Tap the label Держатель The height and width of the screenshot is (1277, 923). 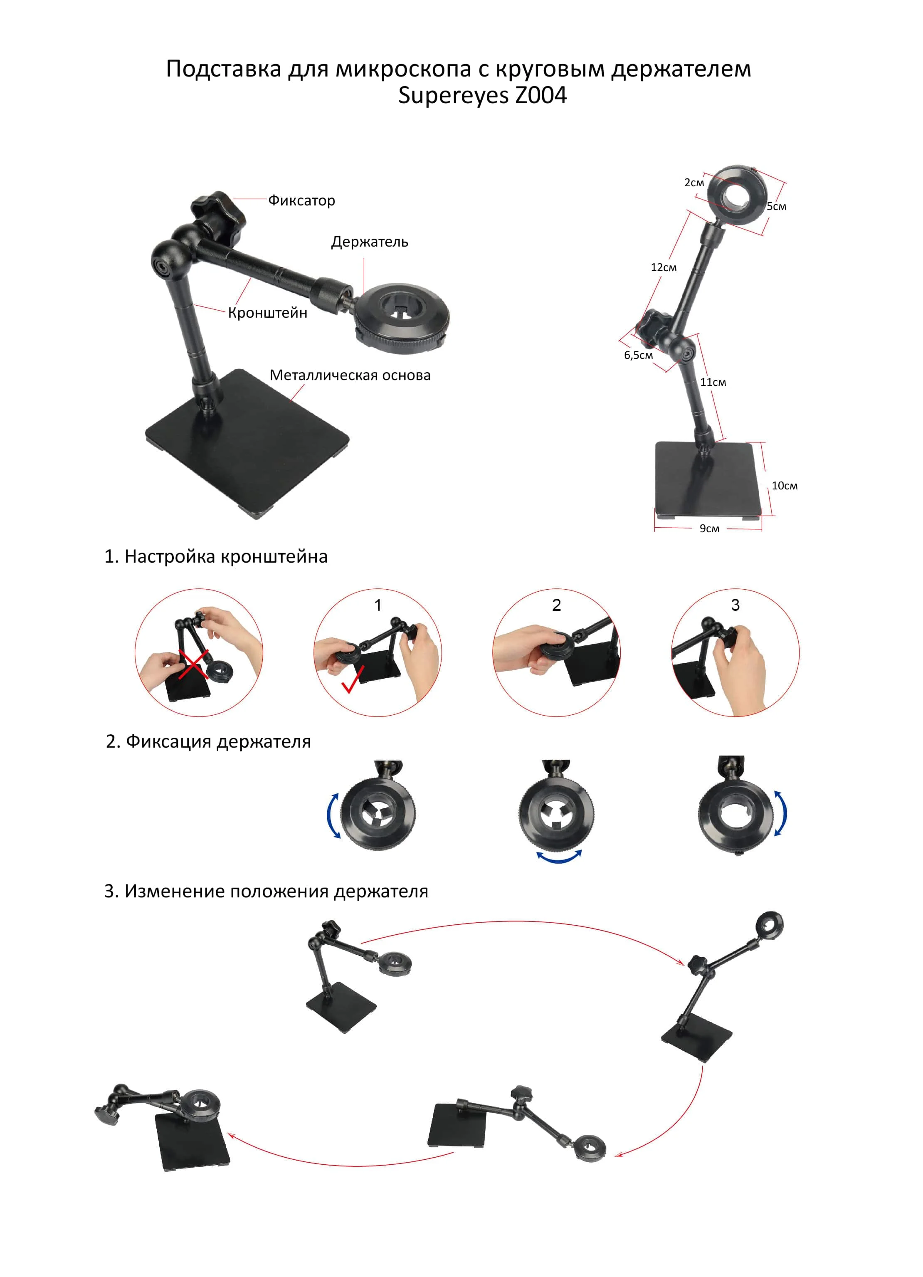369,242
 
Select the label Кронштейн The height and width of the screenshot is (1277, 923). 267,313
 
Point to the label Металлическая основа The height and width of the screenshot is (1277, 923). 350,375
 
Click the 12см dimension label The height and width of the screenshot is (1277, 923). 664,267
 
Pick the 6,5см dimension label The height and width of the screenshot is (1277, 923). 638,355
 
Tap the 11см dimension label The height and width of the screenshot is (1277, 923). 713,382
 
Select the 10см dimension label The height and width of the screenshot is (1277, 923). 785,485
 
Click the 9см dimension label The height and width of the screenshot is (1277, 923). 709,528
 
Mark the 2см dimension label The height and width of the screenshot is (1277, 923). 694,183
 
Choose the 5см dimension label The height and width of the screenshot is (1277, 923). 777,206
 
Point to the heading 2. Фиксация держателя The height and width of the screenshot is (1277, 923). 208,741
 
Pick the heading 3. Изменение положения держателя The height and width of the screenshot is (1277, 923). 266,891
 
